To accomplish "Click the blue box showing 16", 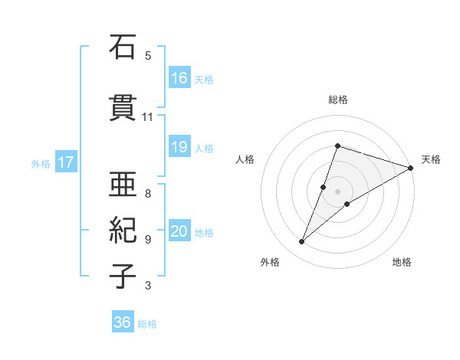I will pyautogui.click(x=179, y=77).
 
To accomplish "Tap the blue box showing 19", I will pyautogui.click(x=179, y=147).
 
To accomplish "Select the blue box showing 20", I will pyautogui.click(x=179, y=231).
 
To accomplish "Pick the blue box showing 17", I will pyautogui.click(x=65, y=162).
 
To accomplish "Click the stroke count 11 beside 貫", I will pyautogui.click(x=148, y=117).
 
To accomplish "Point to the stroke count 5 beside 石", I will pyautogui.click(x=148, y=55).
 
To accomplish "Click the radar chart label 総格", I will pyautogui.click(x=337, y=100).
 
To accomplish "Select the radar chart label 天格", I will pyautogui.click(x=431, y=159).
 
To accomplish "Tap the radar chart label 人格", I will pyautogui.click(x=245, y=159).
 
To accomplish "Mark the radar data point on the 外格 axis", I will pyautogui.click(x=302, y=242).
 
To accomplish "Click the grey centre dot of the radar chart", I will pyautogui.click(x=337, y=191).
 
